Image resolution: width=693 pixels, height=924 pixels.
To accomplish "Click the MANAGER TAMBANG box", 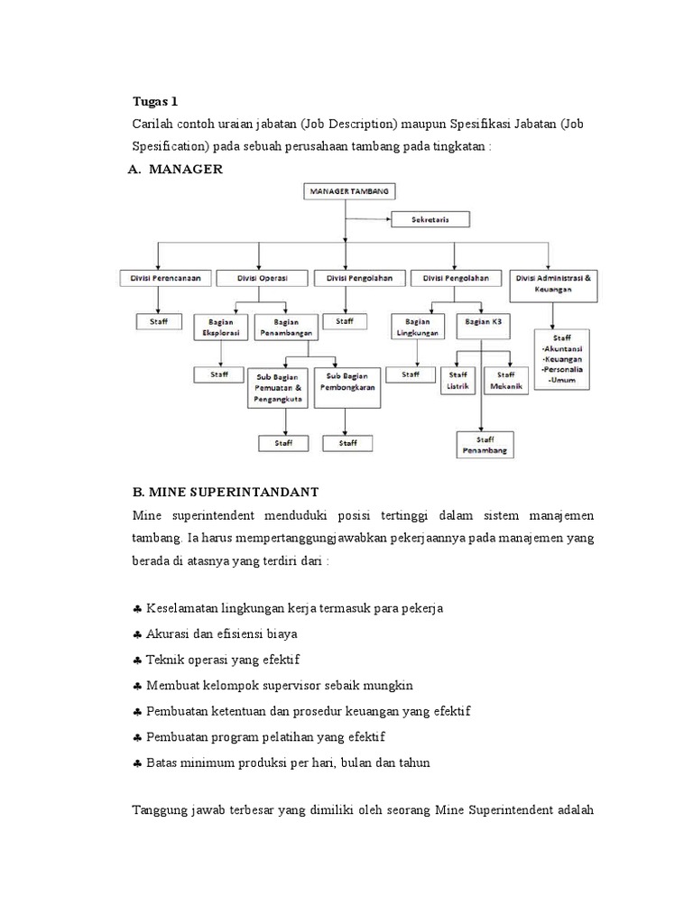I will coord(346,191).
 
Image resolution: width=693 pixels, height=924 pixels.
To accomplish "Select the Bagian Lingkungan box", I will coord(418,326).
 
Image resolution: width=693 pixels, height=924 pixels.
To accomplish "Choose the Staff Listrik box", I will coord(457,381).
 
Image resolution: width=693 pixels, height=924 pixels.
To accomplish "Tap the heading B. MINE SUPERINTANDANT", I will coord(226,493).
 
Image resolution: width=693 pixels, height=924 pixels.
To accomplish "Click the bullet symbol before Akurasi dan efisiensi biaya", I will coord(137,633).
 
